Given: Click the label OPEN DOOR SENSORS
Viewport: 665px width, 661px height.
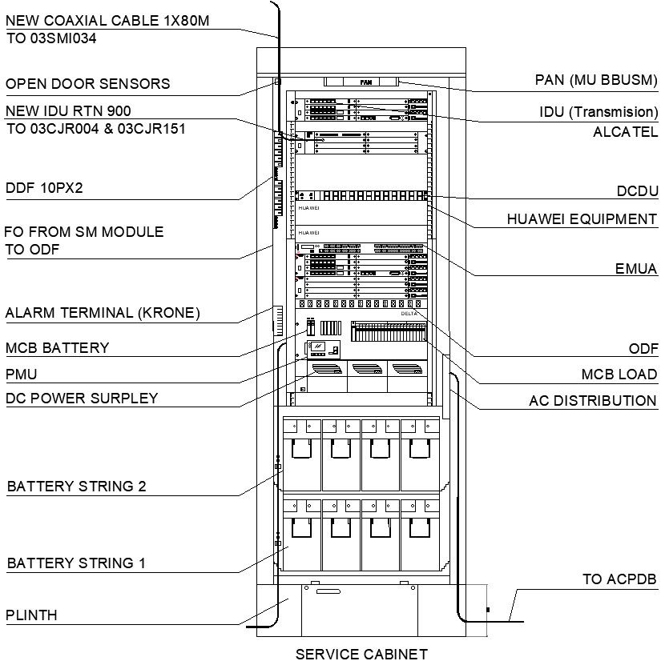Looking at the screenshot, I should [87, 84].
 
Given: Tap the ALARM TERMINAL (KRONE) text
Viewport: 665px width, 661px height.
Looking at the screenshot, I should [103, 312].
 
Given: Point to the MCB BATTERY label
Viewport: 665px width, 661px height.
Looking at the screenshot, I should [57, 348].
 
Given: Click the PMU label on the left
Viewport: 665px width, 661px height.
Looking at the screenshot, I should [22, 374].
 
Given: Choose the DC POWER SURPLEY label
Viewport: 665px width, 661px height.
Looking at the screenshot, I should [82, 398].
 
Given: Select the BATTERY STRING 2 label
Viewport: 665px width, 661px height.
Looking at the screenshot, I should [76, 487].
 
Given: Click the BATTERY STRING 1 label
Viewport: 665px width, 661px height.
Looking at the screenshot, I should [76, 563].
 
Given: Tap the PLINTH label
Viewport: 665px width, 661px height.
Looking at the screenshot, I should [31, 615].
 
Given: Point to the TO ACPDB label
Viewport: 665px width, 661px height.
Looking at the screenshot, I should [619, 579].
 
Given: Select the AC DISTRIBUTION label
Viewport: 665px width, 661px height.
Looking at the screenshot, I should [593, 400].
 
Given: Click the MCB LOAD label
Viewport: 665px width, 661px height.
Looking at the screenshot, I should [619, 375].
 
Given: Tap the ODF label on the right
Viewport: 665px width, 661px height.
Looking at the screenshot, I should [643, 349].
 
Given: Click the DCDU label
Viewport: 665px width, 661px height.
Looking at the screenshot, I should [637, 190].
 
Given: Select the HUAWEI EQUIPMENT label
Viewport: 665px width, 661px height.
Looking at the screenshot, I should [582, 218].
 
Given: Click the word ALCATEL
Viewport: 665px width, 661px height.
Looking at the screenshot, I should [625, 132].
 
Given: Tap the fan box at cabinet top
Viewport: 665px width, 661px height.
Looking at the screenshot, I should [365, 82].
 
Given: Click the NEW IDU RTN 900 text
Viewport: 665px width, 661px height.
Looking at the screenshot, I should [68, 110].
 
